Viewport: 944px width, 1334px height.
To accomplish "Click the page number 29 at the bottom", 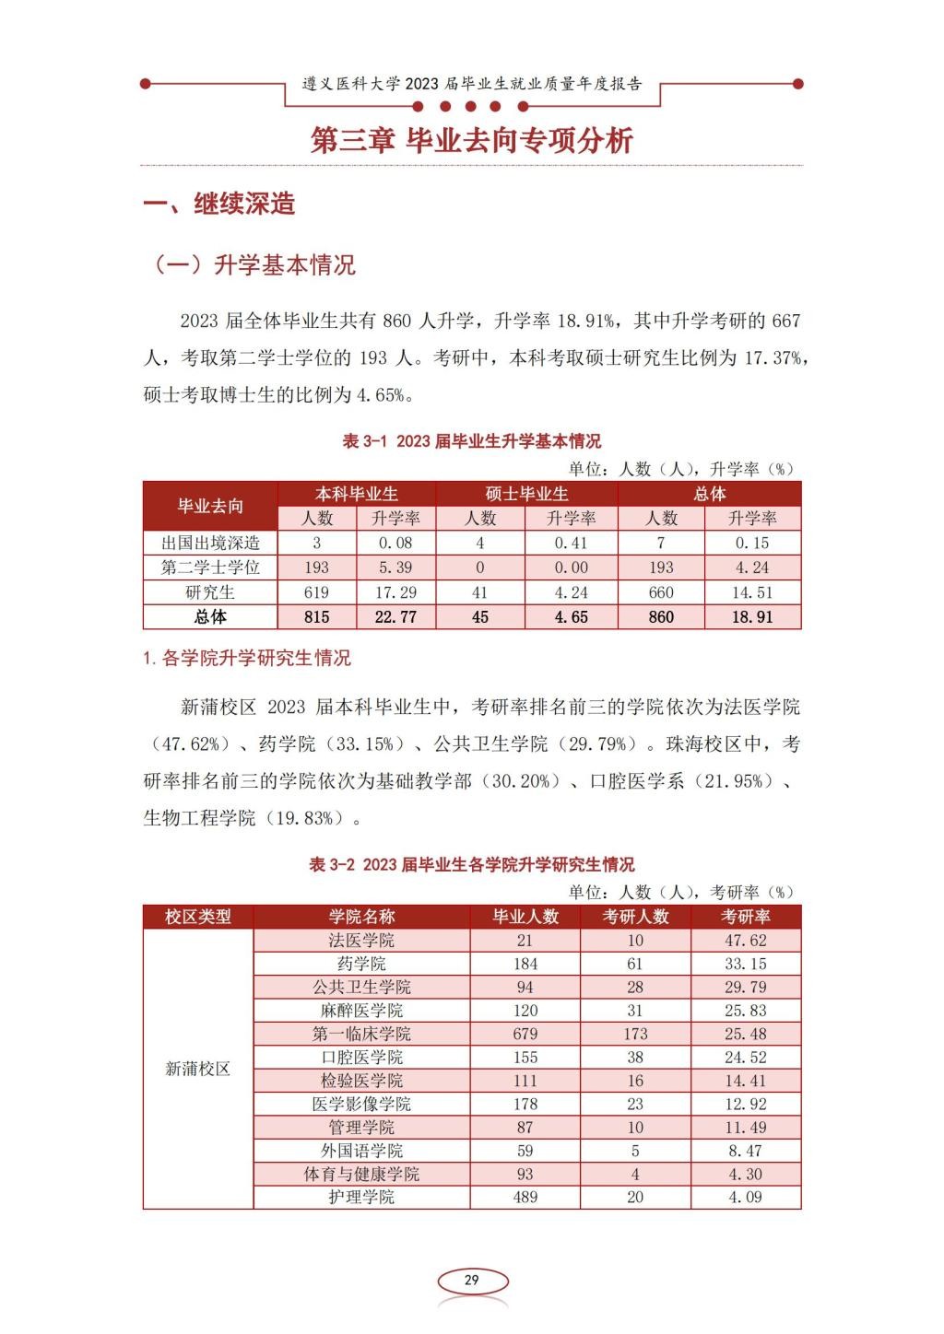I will [471, 1280].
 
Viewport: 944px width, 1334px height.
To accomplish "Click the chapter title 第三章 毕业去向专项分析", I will [472, 140].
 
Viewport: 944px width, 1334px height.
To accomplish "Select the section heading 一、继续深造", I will [219, 204].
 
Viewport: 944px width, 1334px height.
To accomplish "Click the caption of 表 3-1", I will [471, 441].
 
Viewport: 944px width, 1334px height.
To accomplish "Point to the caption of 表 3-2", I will [471, 864].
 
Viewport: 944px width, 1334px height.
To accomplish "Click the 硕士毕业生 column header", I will [526, 494].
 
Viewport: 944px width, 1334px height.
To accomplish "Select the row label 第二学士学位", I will [210, 568].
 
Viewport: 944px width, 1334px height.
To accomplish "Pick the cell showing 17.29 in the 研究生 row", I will [395, 592].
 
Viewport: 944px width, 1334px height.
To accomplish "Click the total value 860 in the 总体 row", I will [661, 617].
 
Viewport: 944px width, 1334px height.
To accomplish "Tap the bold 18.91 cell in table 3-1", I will [752, 617].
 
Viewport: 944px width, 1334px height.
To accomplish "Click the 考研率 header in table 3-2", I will [746, 917].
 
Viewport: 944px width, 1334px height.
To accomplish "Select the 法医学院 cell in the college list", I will [361, 941].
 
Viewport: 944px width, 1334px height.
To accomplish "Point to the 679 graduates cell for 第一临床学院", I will [525, 1034].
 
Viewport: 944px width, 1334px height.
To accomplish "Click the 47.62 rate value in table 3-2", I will [746, 941].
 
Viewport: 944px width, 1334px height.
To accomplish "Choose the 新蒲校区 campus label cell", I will [197, 1069].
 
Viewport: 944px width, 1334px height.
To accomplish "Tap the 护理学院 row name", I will [361, 1197].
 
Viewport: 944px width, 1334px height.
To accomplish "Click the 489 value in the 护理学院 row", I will [525, 1197].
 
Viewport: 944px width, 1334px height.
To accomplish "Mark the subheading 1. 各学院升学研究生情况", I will [247, 658].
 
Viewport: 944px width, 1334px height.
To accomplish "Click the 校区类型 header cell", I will [197, 917].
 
